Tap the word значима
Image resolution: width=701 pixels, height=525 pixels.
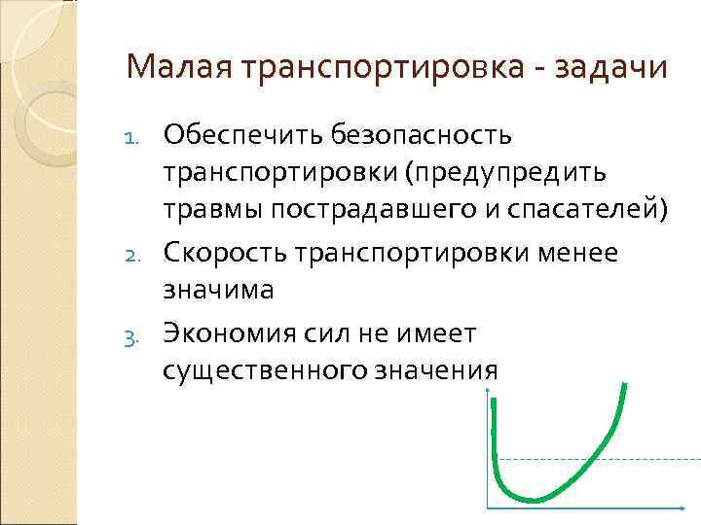[x=219, y=291]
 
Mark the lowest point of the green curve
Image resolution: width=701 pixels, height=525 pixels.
[x=535, y=500]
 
